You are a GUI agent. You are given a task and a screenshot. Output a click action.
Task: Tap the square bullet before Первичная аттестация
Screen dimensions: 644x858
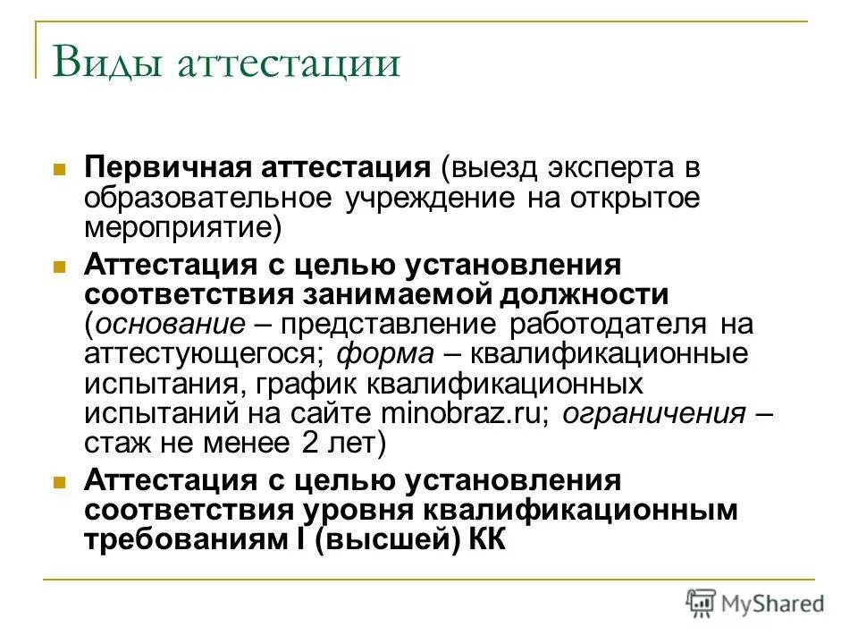[60, 169]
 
